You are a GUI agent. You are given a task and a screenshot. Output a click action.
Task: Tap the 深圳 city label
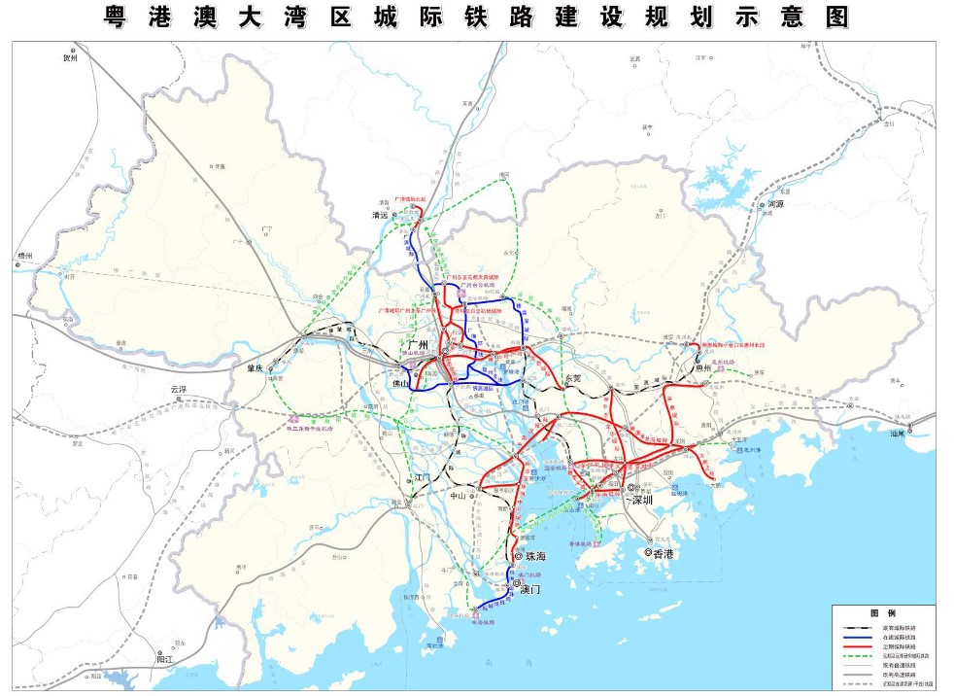pos(641,500)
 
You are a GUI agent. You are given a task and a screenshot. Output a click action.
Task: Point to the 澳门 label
pos(531,590)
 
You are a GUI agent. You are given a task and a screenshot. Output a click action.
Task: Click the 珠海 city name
pos(536,557)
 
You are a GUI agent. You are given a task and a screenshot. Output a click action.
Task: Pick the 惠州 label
pos(702,367)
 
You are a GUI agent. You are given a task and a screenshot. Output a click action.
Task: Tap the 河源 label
pos(775,205)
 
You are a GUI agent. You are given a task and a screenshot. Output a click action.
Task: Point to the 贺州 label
pos(70,58)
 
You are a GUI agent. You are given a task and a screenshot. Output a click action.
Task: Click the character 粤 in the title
pos(119,17)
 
